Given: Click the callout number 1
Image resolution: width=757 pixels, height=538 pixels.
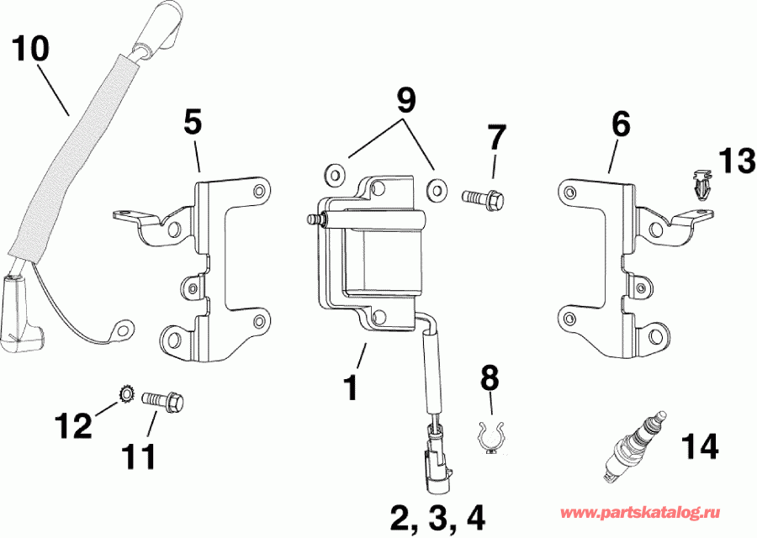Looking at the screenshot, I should click(352, 388).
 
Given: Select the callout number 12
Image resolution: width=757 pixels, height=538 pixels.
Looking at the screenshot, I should click(75, 426).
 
